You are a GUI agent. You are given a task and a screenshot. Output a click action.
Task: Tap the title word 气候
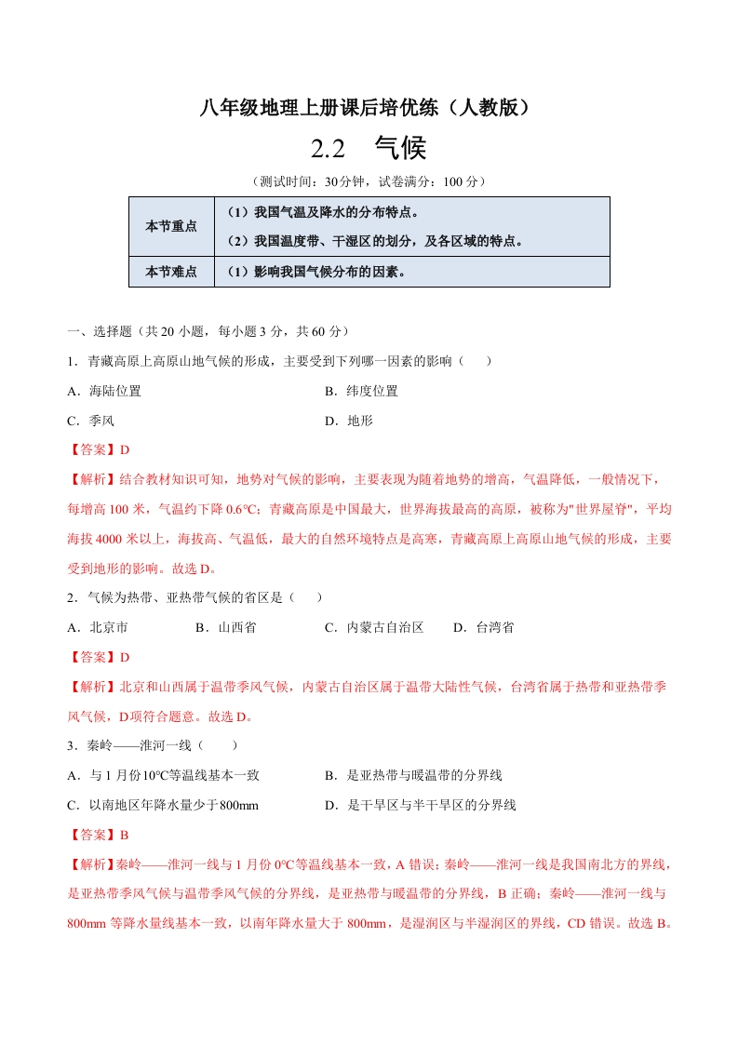[x=400, y=149]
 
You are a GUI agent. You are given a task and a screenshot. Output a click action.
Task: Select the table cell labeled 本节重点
[x=171, y=226]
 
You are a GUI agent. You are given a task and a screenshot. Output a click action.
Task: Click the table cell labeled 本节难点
[x=171, y=272]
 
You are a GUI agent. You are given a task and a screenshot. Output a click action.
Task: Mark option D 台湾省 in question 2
[x=483, y=627]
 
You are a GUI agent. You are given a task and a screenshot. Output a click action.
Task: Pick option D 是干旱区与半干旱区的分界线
[x=420, y=805]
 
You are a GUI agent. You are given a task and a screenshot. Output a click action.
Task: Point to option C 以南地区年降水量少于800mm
[x=163, y=805]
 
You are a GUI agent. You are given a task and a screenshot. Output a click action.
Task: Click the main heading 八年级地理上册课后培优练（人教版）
[x=369, y=109]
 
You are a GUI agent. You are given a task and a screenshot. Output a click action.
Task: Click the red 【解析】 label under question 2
[x=92, y=687]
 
